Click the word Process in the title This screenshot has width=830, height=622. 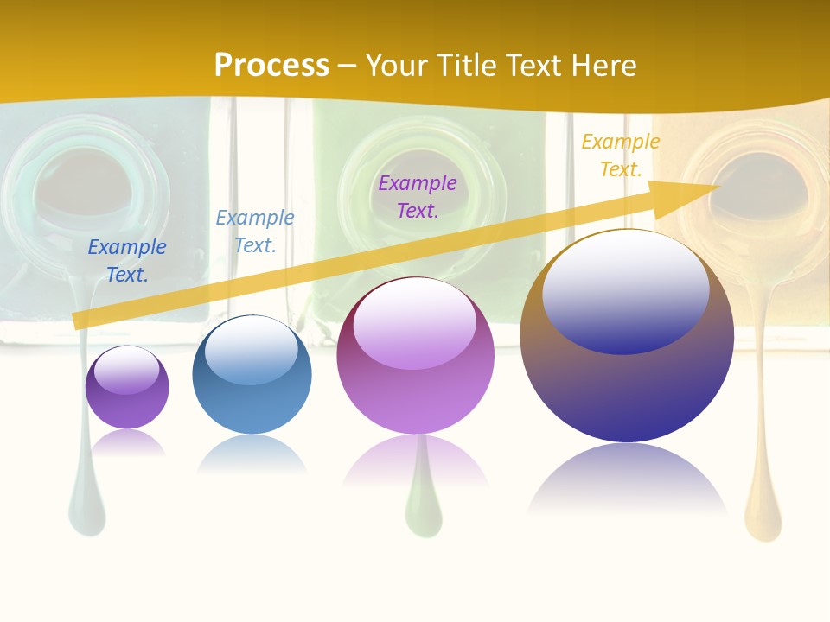[271, 65]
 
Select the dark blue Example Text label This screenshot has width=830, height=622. [127, 261]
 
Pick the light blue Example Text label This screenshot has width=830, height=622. [255, 232]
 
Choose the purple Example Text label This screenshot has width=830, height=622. [418, 196]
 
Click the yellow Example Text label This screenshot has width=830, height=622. [620, 155]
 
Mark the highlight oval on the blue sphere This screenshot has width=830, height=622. [252, 350]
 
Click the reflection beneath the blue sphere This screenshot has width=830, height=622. [252, 454]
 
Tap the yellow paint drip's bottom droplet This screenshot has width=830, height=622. [763, 518]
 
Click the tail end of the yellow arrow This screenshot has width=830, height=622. [78, 321]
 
